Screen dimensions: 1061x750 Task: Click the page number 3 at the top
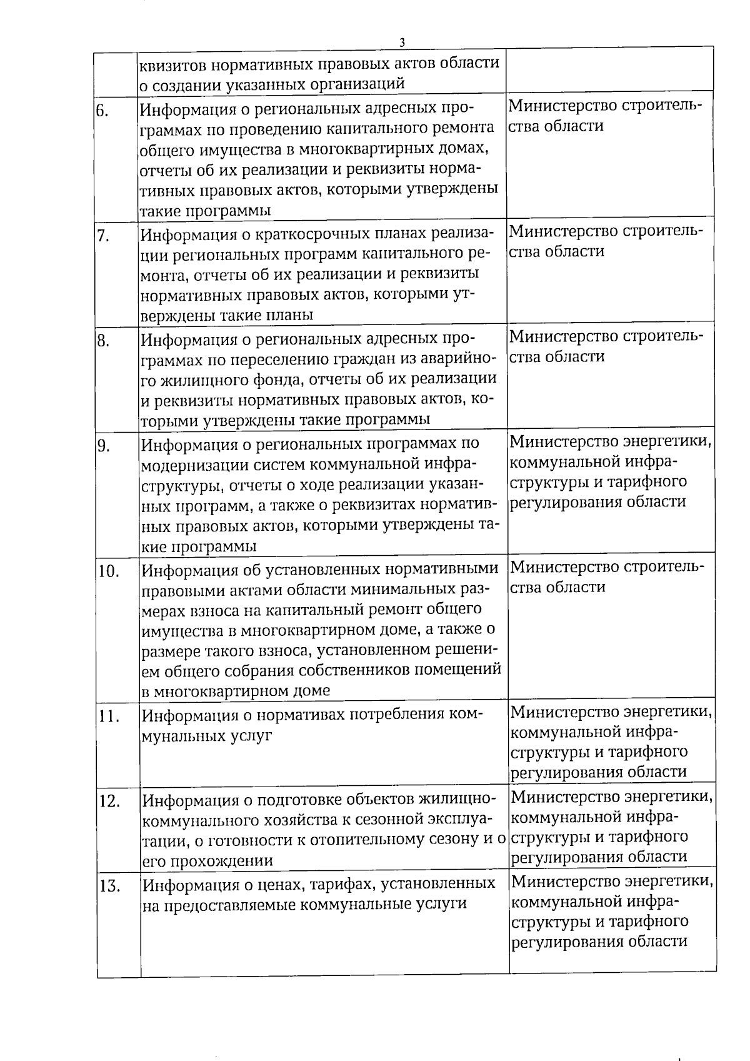pos(402,43)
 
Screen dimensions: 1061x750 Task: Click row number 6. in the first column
pos(103,111)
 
